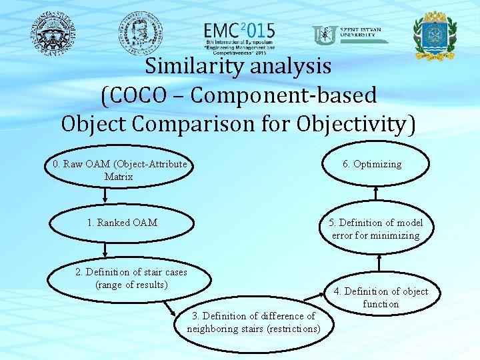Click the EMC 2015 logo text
(239, 32)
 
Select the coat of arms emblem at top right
(435, 34)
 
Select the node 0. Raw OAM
(119, 170)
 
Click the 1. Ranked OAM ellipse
(122, 223)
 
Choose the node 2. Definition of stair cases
(131, 279)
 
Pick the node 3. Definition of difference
(253, 322)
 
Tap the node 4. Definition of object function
(381, 297)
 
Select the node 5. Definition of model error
(376, 229)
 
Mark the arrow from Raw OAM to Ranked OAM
(105, 196)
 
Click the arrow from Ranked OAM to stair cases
(105, 250)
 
